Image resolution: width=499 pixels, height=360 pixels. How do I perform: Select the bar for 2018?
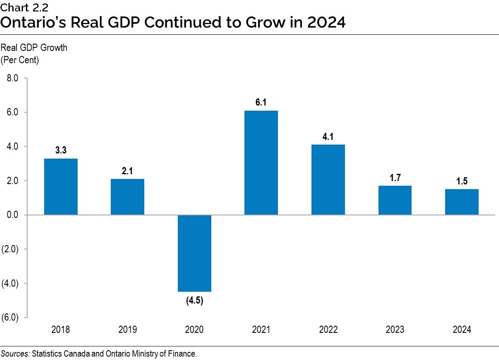point(61,187)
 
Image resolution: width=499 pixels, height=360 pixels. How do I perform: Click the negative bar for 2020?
point(194,253)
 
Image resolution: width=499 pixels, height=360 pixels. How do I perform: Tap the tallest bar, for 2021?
point(261,163)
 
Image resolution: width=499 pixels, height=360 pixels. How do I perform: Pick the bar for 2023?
point(395,200)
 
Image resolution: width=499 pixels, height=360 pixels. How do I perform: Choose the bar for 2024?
point(462,202)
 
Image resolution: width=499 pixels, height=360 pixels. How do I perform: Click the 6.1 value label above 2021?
point(261,103)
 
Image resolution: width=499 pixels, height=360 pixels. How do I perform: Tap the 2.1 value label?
point(127,171)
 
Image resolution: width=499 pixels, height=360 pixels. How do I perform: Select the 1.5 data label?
point(462,181)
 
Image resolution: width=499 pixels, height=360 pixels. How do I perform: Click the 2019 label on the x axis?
point(127,330)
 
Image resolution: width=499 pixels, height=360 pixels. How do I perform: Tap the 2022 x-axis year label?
point(328,330)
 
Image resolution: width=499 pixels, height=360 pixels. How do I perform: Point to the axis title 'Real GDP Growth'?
point(34,48)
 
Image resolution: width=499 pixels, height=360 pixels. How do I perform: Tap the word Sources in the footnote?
point(15,353)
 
